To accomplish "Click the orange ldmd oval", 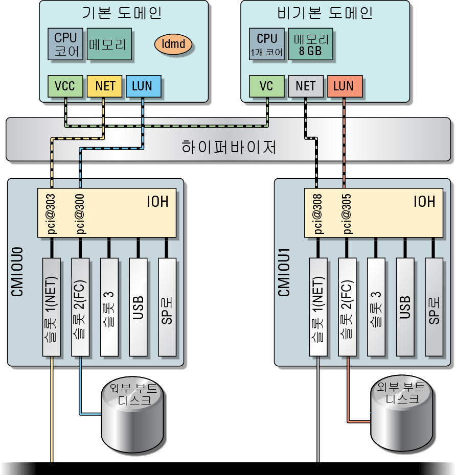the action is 173,44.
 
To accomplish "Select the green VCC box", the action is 65,86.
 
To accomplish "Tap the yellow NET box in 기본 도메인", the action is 105,86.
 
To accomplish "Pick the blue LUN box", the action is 144,86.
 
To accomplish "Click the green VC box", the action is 267,86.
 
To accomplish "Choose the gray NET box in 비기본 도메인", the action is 306,86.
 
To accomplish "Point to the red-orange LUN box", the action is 345,86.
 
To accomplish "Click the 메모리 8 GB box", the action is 310,44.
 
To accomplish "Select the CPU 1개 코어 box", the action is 267,44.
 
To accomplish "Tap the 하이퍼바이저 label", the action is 229,147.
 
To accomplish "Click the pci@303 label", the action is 52,214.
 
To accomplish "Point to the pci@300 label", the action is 80,214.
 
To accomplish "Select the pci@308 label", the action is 318,214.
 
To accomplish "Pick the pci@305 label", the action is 347,214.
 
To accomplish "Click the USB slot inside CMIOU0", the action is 138,307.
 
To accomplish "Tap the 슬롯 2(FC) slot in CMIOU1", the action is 347,307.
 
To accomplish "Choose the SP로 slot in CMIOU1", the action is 434,307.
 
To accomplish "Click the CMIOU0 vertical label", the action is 17,272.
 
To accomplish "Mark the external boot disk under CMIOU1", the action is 401,416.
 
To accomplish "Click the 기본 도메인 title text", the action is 122,13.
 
